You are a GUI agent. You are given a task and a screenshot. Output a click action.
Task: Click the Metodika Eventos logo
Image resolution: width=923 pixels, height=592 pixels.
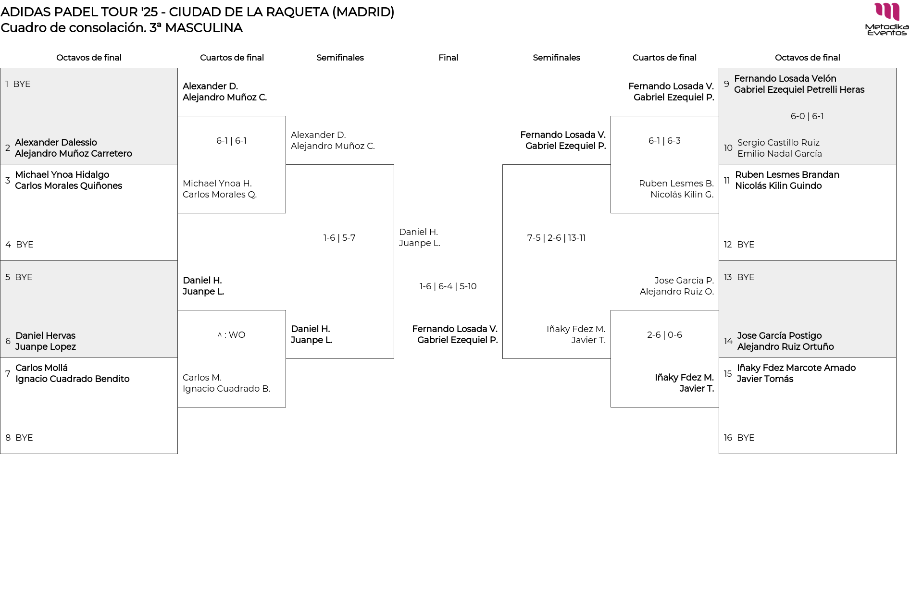pos(886,19)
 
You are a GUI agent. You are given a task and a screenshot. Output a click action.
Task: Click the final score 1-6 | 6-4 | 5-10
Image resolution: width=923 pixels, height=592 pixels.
pos(448,286)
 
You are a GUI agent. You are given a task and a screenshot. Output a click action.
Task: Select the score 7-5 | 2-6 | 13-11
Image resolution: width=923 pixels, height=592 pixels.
pos(556,238)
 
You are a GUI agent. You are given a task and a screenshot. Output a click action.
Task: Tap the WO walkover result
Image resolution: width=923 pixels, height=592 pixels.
pos(232,335)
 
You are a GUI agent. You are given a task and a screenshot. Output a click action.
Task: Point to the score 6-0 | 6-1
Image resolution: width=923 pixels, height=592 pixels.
pos(807,116)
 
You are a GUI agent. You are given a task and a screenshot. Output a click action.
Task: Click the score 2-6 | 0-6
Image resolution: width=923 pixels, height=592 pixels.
pos(664,335)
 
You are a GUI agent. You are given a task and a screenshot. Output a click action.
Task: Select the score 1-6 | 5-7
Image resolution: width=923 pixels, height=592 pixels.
pos(339,238)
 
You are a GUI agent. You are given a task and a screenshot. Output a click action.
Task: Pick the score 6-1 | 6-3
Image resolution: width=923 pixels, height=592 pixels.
pos(664,141)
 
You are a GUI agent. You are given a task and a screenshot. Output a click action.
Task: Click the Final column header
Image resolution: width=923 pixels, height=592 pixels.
pos(448,58)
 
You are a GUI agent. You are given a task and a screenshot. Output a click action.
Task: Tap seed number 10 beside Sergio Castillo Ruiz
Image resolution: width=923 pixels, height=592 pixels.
pos(728,148)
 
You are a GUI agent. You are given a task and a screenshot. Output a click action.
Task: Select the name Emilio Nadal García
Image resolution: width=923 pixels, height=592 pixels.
pos(779,154)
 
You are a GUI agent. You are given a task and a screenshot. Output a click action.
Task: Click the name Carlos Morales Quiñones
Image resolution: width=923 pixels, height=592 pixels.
pos(68,186)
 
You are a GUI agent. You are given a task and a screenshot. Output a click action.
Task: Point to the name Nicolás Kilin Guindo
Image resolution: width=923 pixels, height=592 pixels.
pos(778,186)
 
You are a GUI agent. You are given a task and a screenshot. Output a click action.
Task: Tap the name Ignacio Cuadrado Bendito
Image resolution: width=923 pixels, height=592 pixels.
pos(72,379)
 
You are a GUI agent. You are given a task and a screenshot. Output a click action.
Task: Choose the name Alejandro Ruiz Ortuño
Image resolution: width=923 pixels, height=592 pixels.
pos(786,347)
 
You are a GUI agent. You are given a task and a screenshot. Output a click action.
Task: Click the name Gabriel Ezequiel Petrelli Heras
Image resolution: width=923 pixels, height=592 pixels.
pos(799,90)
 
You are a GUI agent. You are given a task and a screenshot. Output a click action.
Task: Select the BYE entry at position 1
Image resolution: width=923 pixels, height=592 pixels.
pos(22,84)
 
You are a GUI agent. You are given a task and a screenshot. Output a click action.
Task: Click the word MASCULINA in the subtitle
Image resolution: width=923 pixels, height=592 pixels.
pos(203,28)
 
